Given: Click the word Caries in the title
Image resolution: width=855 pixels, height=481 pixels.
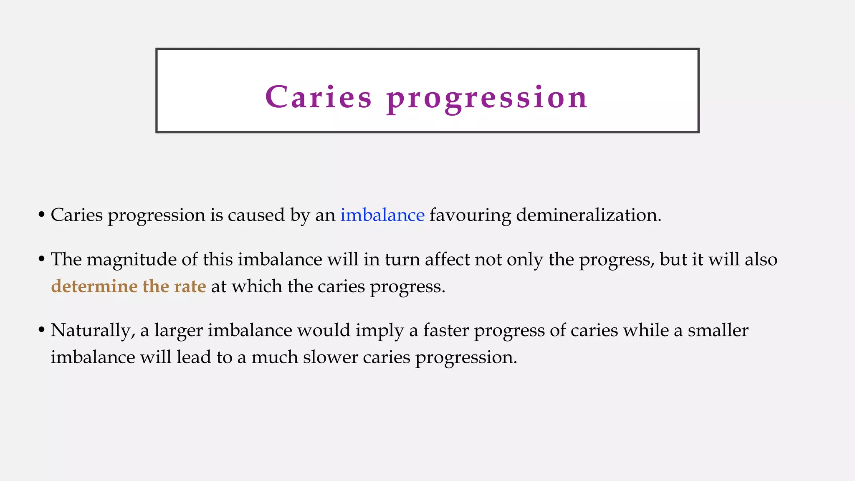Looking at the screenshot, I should tap(318, 97).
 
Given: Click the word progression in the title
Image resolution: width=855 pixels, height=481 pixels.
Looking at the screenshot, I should tap(487, 98).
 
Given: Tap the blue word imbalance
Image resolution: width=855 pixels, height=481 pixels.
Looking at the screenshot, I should tap(382, 215).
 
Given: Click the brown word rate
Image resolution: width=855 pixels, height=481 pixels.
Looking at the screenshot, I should tap(190, 286).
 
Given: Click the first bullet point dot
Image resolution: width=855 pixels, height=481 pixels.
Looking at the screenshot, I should tap(41, 215).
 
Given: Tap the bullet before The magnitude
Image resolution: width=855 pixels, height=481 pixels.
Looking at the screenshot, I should tap(41, 260).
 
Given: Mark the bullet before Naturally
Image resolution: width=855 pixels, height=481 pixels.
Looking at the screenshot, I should tap(41, 331).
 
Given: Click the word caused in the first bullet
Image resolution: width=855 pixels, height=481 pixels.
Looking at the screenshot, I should tap(256, 215).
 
